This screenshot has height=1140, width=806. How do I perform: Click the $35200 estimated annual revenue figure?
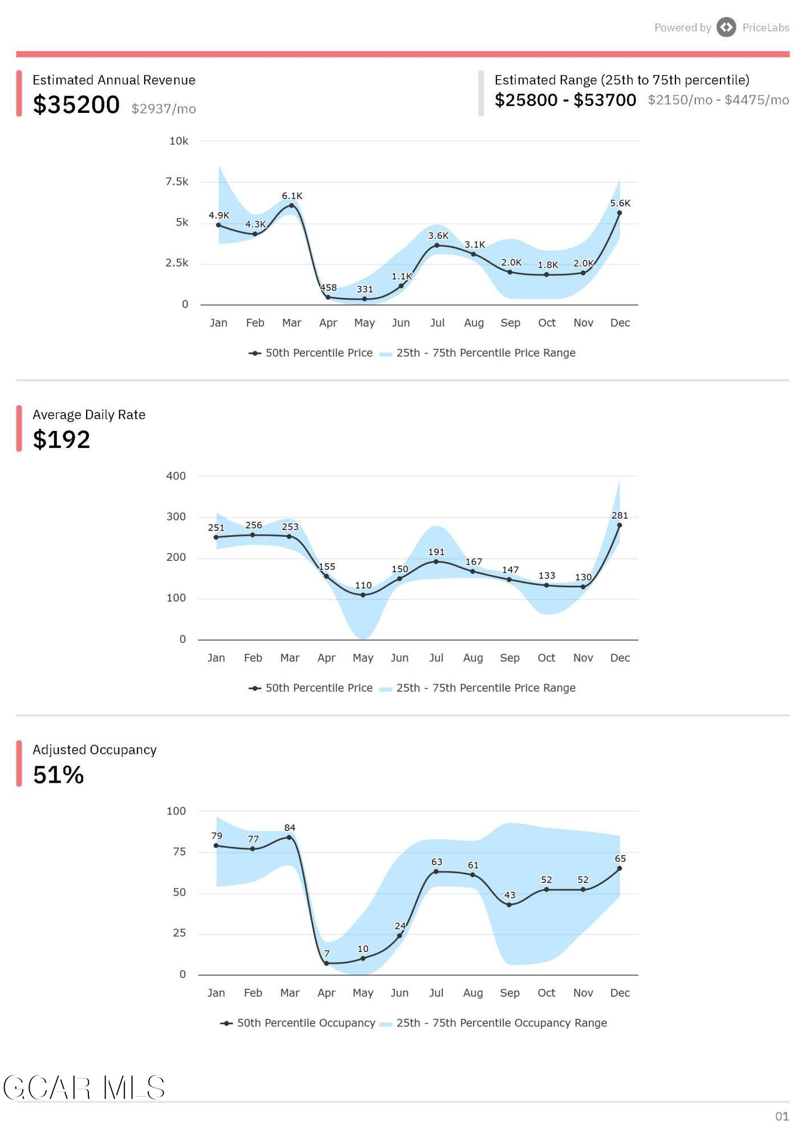coord(76,105)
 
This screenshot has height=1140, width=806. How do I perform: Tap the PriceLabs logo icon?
coord(726,27)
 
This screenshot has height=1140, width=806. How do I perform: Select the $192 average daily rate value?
coord(62,439)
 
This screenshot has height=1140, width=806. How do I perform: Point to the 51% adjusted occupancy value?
coord(59,775)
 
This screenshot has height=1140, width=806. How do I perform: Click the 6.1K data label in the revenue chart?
coord(292,196)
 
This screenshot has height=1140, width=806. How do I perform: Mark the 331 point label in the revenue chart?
coord(365,290)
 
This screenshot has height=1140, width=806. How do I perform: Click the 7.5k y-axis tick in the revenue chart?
coord(177,182)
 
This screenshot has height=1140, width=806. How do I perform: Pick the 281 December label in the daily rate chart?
coord(620,515)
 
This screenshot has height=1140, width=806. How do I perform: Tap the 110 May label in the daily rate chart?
coord(363,585)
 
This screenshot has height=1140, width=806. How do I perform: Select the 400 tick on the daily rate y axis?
coord(176,476)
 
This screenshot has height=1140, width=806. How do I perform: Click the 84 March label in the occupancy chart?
coord(290,828)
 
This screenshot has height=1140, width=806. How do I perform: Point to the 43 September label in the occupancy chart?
coord(510,895)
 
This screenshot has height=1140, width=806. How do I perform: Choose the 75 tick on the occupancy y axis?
coord(179,852)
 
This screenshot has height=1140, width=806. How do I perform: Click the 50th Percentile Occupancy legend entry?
coord(298,1023)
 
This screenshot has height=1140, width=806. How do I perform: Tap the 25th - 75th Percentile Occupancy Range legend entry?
coord(494,1023)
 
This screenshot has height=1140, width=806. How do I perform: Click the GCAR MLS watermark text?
coord(84,1088)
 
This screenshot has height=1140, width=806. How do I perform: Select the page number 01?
coord(782,1117)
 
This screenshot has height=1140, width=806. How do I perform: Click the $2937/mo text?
coord(164,109)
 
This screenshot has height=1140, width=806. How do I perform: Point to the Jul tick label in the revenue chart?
coord(437,323)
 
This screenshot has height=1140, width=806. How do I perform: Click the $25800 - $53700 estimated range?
coord(565,100)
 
